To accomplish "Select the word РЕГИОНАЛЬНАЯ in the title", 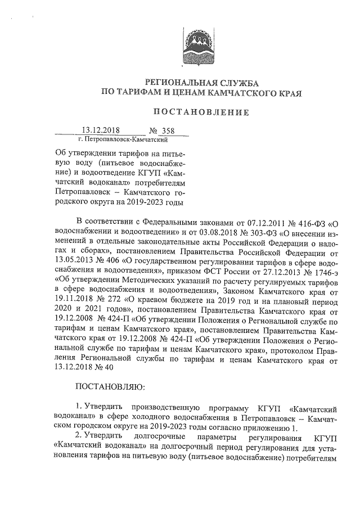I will tap(177, 83).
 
